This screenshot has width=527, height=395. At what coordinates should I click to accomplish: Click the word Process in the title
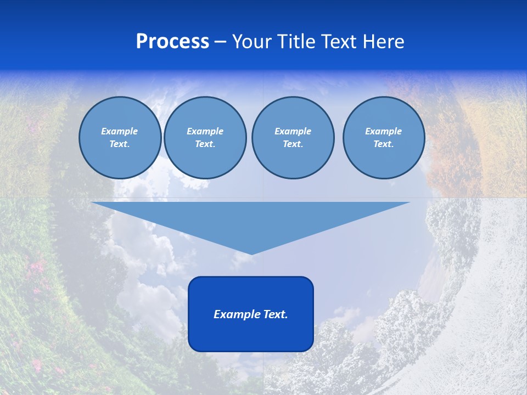pyautogui.click(x=172, y=42)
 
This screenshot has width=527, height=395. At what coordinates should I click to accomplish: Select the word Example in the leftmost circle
pyautogui.click(x=120, y=131)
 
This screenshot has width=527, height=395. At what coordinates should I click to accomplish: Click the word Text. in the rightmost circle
pyautogui.click(x=383, y=144)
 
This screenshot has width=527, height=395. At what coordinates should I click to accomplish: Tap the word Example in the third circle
pyautogui.click(x=293, y=131)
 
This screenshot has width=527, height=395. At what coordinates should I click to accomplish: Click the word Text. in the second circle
pyautogui.click(x=205, y=144)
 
